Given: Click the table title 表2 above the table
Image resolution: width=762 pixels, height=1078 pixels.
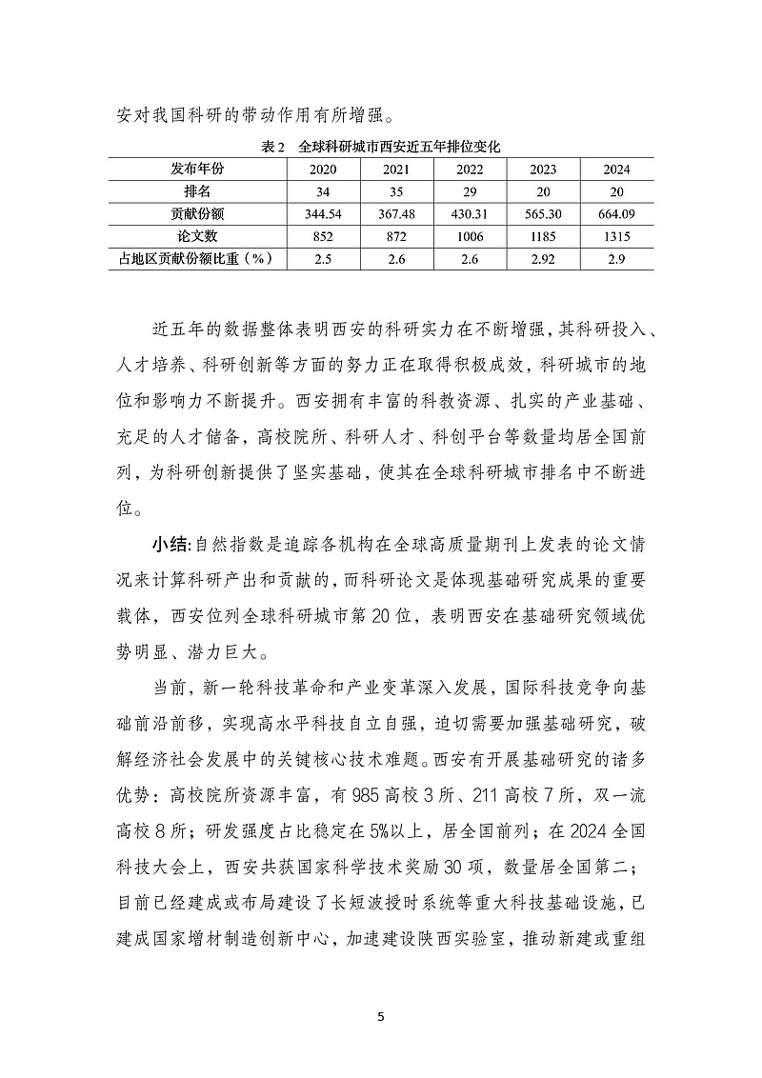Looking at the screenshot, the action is pos(272,147).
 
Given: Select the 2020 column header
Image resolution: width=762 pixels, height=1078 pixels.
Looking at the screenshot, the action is pos(323,169).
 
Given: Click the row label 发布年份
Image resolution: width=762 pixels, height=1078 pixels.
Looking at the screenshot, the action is pos(197,169).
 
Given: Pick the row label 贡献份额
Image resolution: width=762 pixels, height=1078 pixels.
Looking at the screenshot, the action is pos(197,212).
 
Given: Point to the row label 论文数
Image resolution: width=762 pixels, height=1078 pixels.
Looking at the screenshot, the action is pos(197,235).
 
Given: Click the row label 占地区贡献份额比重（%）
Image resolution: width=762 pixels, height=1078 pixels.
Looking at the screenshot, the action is pos(197,258).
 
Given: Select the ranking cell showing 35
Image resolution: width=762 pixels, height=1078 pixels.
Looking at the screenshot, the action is pos(396,190).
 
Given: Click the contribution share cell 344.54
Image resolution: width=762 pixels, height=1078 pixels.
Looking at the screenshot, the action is pos(323,213).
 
